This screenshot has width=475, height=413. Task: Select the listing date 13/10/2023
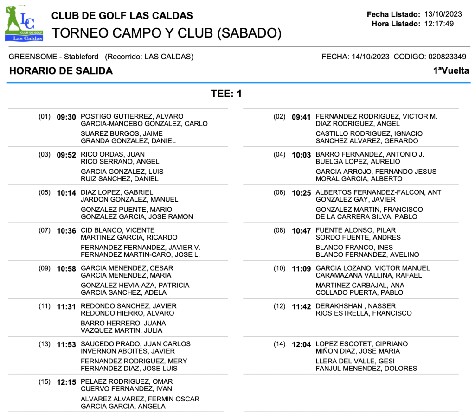coord(439,15)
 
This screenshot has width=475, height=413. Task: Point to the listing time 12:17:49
coord(439,24)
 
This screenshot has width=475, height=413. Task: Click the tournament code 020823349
coord(447,57)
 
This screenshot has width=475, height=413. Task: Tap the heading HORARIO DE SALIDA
coord(61,71)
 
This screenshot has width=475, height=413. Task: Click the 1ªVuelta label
coord(451,71)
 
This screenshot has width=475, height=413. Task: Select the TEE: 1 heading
coord(226,94)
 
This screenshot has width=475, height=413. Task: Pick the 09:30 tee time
coord(66,117)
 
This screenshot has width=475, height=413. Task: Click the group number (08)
coord(279,230)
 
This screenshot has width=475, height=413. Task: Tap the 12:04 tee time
coord(301,345)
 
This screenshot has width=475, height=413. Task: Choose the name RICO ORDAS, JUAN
coord(113,154)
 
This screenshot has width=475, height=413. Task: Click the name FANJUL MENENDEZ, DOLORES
coord(366,369)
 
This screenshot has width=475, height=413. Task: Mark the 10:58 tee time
coord(66,269)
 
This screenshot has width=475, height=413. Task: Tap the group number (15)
coord(45,381)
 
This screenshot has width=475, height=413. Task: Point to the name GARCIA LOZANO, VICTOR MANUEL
coord(372,268)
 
